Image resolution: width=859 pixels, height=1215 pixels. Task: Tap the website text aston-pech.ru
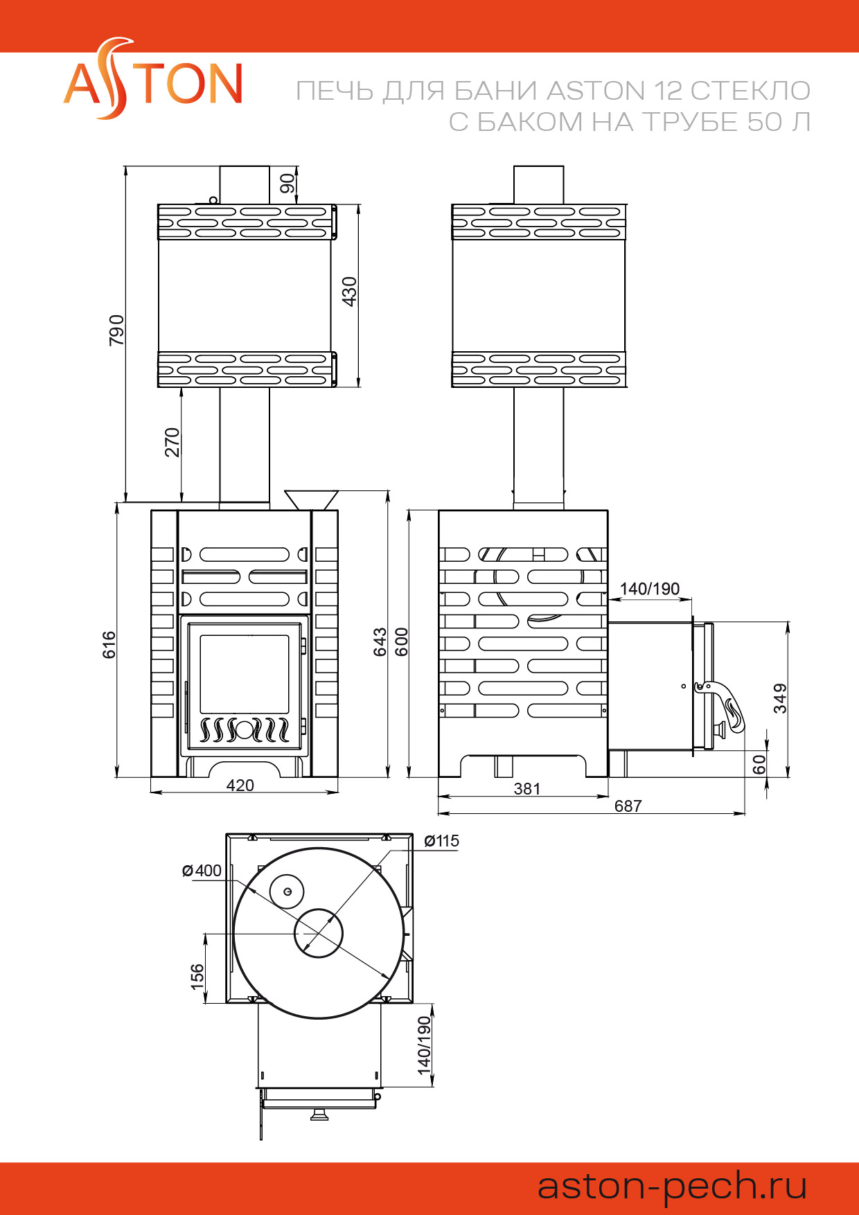(x=672, y=1185)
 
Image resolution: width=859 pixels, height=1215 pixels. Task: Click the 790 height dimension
(x=116, y=330)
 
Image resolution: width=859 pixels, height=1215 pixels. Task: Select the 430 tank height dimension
(x=349, y=291)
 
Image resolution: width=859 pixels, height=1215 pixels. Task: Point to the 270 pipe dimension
(x=172, y=442)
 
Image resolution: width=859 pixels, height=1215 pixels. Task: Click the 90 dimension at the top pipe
(x=287, y=183)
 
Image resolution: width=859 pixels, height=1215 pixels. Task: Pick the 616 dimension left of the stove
(x=109, y=644)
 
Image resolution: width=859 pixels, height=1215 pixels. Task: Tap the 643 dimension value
(x=380, y=641)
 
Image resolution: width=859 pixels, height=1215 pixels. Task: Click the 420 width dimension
(x=240, y=785)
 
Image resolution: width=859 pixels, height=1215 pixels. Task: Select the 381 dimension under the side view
(x=527, y=788)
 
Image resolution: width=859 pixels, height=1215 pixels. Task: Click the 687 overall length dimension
(x=628, y=806)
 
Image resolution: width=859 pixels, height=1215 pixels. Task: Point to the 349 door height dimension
(x=781, y=698)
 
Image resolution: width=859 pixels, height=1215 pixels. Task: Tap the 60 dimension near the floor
(x=759, y=764)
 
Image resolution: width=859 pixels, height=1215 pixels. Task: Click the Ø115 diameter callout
(x=441, y=841)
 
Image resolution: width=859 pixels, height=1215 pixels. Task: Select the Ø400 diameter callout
(x=202, y=871)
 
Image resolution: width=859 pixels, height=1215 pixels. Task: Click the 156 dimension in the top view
(x=197, y=975)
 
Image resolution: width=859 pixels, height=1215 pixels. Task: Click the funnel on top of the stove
(x=311, y=499)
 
